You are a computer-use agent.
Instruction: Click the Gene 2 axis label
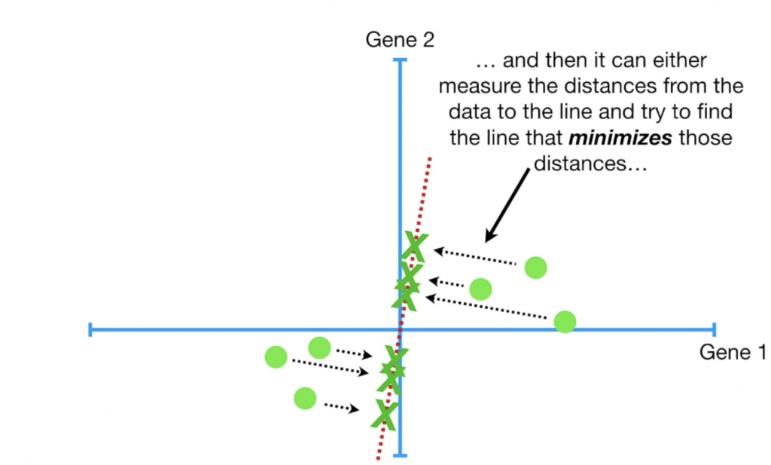[x=400, y=39]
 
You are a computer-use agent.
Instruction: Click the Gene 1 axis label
[x=733, y=352]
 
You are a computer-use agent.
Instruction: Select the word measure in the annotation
[x=481, y=87]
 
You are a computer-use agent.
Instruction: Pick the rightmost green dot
[x=565, y=322]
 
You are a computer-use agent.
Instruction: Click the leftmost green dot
[x=276, y=356]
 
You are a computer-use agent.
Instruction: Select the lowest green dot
[x=305, y=397]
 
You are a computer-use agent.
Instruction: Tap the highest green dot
[x=535, y=266]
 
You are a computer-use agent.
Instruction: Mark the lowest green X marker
[x=385, y=413]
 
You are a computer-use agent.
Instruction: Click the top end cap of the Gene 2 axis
[x=400, y=60]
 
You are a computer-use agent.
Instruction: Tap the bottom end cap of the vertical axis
[x=400, y=454]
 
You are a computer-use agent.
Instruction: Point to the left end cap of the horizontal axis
[x=90, y=329]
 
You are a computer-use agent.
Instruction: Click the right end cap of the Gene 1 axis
[x=712, y=329]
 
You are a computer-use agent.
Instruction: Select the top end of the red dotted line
[x=430, y=158]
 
